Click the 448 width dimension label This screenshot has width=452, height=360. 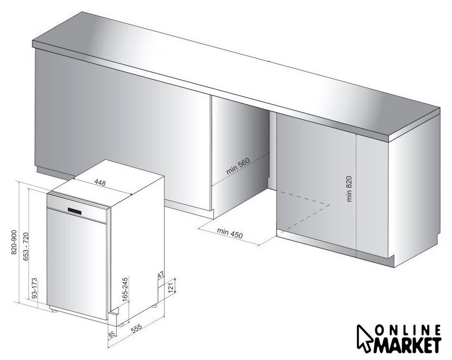100,183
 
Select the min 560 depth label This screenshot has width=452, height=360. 237,167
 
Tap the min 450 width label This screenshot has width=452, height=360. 230,233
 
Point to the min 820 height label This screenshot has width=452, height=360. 349,189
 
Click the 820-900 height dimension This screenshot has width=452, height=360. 14,242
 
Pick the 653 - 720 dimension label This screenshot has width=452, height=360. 26,246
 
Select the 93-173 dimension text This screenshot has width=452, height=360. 34,288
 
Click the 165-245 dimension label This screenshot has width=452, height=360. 125,289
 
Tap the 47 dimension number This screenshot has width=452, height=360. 161,275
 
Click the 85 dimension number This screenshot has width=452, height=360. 112,334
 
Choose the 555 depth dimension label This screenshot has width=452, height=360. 137,329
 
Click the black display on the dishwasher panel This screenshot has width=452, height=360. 75,211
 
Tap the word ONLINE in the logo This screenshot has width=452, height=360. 409,330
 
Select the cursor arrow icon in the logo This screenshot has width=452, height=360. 364,338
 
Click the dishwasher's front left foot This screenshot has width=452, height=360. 54,310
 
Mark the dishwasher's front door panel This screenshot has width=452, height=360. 76,263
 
